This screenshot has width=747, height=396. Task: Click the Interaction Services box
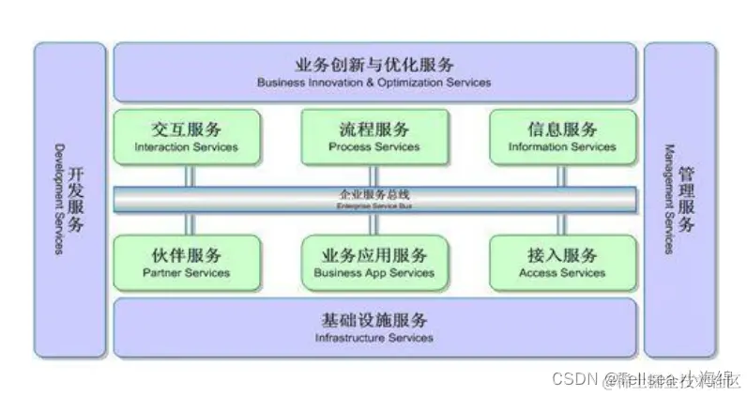(186, 137)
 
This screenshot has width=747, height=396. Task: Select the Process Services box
(373, 137)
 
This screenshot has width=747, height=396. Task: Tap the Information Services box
(561, 137)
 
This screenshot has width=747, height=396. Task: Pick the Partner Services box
(186, 262)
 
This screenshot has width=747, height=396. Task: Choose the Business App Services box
(373, 262)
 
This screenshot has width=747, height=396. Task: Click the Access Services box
(561, 262)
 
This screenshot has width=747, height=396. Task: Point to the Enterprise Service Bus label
(373, 199)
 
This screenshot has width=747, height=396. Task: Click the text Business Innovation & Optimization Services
(373, 83)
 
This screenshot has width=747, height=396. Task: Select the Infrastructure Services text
(373, 338)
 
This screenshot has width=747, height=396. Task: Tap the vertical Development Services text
(58, 199)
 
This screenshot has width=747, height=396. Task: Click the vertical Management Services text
(669, 199)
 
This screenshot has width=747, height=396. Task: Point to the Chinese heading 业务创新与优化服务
(373, 65)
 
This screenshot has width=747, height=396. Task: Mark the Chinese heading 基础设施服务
(373, 320)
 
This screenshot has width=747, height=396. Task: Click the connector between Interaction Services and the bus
(188, 175)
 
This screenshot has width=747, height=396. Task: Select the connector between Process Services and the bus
(373, 175)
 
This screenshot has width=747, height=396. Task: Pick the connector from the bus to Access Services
(562, 223)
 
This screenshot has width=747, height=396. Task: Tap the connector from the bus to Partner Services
(188, 223)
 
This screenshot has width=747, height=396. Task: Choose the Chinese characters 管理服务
(687, 199)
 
